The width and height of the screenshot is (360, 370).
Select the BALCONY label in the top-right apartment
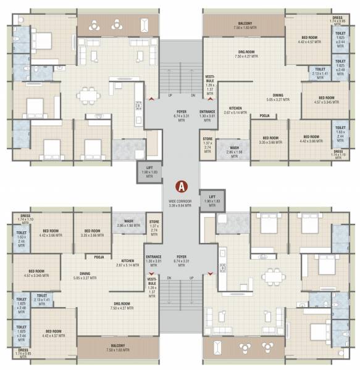(244, 25)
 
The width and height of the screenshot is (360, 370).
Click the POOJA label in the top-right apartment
(264, 115)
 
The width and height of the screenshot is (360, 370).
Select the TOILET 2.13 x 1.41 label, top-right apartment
(320, 72)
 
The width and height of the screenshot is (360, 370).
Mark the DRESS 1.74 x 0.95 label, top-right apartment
(338, 19)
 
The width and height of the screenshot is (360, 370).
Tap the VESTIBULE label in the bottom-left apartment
(153, 283)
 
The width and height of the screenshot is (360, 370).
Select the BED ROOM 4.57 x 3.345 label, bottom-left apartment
(36, 273)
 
